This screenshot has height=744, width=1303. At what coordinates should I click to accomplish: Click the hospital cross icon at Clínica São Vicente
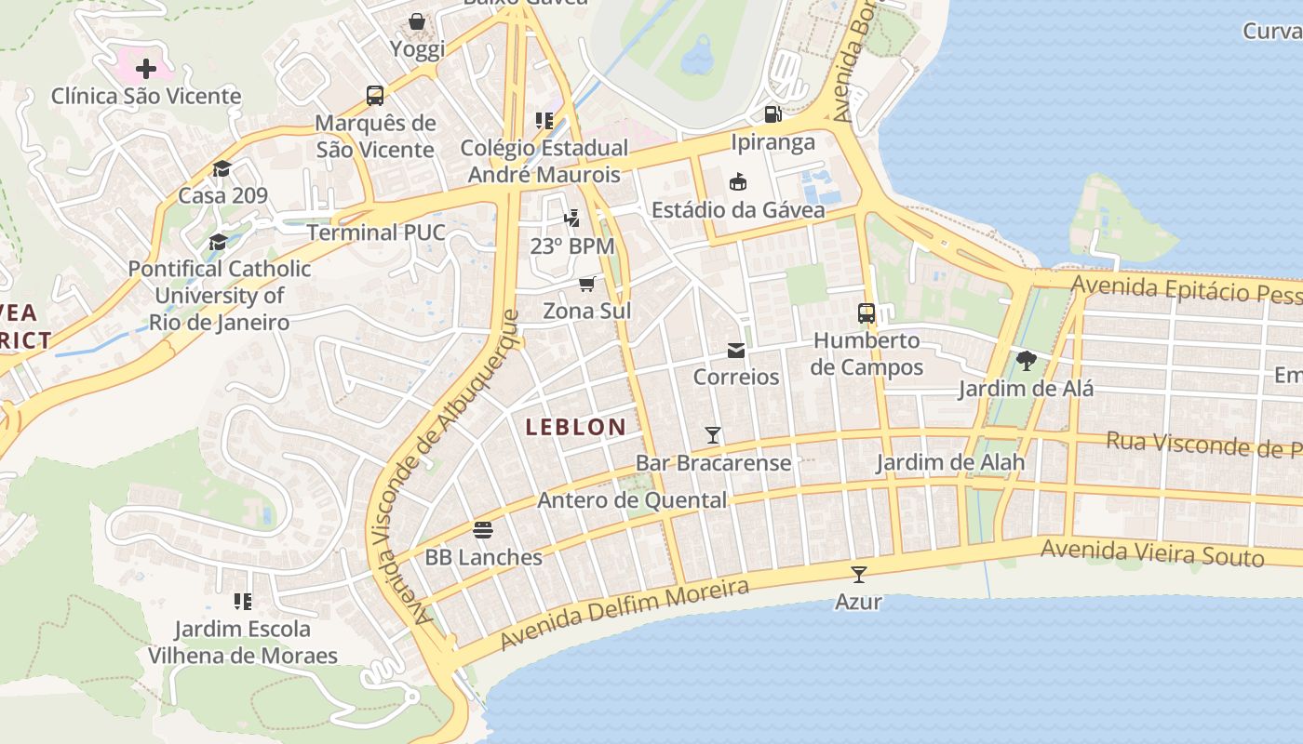coord(146,68)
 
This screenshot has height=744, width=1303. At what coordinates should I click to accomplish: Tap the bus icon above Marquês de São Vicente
coord(375,95)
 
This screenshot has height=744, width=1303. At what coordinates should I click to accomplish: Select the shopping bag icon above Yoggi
coord(417,20)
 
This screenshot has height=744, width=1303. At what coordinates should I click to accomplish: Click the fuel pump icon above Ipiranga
coord(772,114)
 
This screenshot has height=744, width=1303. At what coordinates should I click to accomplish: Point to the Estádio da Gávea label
coord(738,210)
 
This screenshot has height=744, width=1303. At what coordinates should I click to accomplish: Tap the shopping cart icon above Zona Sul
coord(586,284)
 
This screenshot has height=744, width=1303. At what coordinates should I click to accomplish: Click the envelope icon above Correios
coord(736,350)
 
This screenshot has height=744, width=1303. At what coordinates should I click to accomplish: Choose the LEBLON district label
coord(575,427)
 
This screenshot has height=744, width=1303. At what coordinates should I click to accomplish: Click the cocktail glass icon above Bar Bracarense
coord(713,434)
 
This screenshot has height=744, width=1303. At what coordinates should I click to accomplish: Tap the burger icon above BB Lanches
coord(482,530)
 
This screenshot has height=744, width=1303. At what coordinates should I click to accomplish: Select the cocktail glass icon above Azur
coord(858,574)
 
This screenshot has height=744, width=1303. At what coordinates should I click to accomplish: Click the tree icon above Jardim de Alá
coord(1026,361)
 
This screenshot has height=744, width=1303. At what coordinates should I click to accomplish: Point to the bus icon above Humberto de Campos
coord(866,313)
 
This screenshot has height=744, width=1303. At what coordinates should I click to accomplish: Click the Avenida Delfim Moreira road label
coord(624,613)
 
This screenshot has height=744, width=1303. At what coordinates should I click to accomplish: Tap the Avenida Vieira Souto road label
coord(1152,552)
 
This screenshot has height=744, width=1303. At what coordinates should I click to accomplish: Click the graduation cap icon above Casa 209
coord(222,168)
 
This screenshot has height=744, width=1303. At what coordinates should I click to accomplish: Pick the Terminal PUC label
coord(376,232)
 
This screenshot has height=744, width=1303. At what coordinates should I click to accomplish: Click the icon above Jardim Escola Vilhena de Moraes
coord(243,602)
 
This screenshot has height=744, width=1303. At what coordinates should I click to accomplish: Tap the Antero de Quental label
coord(632,500)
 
